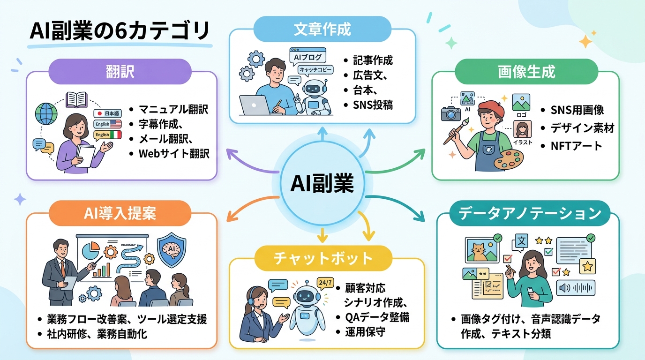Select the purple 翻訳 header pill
click(120, 71)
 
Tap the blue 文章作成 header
click(322, 29)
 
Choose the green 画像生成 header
click(526, 71)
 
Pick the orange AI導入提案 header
click(121, 214)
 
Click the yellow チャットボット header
click(322, 257)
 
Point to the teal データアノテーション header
click(529, 214)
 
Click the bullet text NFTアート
click(577, 145)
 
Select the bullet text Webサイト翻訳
click(174, 153)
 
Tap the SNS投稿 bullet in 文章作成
click(373, 105)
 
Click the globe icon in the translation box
click(46, 112)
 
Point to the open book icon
click(77, 99)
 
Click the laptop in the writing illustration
click(255, 105)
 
